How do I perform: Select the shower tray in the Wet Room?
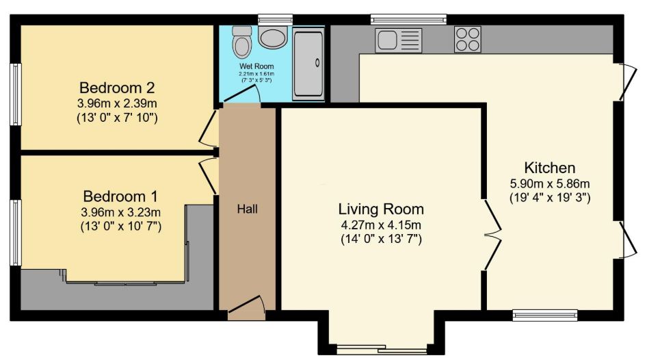pyautogui.click(x=310, y=62)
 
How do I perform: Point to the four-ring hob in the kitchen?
pyautogui.click(x=468, y=39)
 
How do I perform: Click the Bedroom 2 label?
pyautogui.click(x=117, y=88)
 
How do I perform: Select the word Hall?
pyautogui.click(x=247, y=208)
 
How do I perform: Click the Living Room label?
pyautogui.click(x=381, y=209)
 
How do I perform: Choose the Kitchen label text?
pyautogui.click(x=549, y=168)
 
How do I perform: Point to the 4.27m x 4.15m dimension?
pyautogui.click(x=381, y=224)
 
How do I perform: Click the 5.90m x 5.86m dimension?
pyautogui.click(x=549, y=183)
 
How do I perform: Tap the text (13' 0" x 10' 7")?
pyautogui.click(x=120, y=226)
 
